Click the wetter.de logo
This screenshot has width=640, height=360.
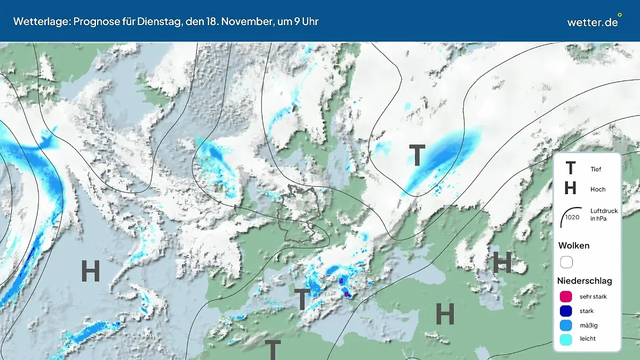(593, 22)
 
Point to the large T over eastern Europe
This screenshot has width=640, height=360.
(417, 156)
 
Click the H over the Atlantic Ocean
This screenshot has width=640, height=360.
(91, 271)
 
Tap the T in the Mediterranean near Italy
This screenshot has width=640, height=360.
(302, 299)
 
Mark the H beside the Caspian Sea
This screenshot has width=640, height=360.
(502, 262)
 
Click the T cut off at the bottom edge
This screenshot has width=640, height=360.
(273, 350)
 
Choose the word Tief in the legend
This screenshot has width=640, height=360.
(596, 170)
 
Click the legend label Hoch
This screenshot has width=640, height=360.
(598, 189)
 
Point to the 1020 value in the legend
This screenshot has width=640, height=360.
(572, 217)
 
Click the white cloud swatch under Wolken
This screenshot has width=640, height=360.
(566, 262)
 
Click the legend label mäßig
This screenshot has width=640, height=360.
(588, 325)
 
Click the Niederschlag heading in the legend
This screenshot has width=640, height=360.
(585, 281)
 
